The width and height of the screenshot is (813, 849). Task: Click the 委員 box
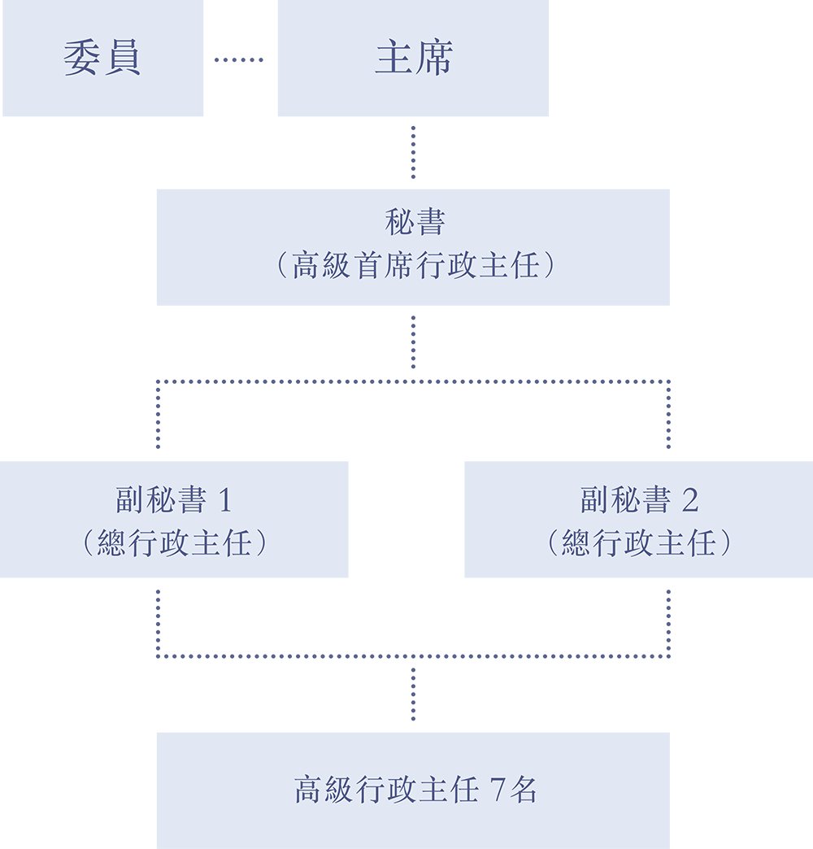(x=102, y=58)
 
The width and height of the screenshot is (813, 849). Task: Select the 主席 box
(x=413, y=58)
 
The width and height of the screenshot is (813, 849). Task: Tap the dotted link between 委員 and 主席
(x=239, y=59)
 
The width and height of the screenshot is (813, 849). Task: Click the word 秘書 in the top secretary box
(x=415, y=222)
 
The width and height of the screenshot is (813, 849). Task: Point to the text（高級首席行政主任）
(x=415, y=265)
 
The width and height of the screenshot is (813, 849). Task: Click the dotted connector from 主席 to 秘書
(x=414, y=152)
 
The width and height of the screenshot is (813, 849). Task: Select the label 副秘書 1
(x=174, y=499)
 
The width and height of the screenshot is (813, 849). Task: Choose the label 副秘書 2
(x=639, y=499)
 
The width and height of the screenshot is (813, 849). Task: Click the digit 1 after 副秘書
(x=225, y=500)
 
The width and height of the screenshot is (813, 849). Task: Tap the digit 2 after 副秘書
(x=690, y=500)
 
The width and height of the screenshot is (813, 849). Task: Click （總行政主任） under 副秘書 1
(x=174, y=543)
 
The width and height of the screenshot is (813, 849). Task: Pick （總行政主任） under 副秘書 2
(x=639, y=543)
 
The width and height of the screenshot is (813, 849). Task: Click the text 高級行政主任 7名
(x=415, y=790)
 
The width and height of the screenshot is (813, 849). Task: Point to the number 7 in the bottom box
(x=498, y=790)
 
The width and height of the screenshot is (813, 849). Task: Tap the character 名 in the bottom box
(x=523, y=790)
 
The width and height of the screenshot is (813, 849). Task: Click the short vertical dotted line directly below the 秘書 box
(x=414, y=342)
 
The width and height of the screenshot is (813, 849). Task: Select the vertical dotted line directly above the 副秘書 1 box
(x=158, y=415)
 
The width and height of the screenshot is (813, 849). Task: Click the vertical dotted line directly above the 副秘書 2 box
(x=668, y=415)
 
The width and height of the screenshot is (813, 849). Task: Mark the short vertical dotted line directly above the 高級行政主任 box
(x=414, y=694)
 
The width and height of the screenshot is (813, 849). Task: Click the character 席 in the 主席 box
(x=434, y=58)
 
